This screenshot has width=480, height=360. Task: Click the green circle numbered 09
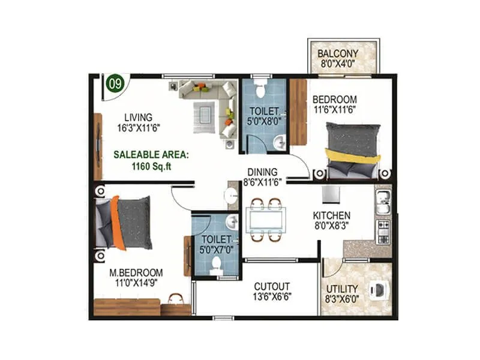coord(113,83)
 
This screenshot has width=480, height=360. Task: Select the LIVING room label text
coord(138,117)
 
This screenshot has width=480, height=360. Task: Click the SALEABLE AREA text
coord(151,154)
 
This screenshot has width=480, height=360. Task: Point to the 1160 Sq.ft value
coord(151,167)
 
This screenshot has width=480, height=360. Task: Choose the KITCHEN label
coord(332,215)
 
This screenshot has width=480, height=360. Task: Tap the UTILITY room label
coord(341,289)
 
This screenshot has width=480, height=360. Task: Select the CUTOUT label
coord(272,286)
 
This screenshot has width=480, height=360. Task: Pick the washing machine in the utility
coord(379,290)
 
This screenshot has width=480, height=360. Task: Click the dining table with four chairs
coord(265,220)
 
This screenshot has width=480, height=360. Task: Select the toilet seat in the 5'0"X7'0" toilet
coord(216,266)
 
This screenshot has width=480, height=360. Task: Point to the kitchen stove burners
coord(382,232)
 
